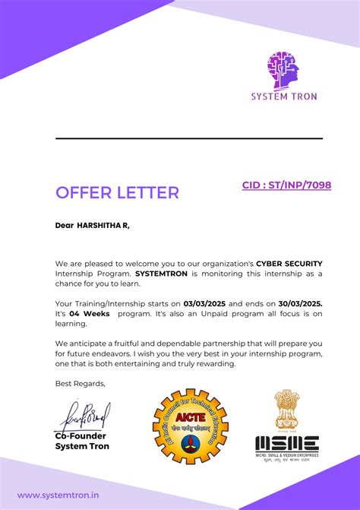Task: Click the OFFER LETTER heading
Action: point(117,192)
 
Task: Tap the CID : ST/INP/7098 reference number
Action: point(286,185)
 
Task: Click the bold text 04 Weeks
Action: point(85,312)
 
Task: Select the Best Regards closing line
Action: point(81,383)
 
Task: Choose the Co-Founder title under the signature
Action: point(81,436)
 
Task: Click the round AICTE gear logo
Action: point(190,426)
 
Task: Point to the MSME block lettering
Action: point(286,443)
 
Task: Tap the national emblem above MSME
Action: point(286,410)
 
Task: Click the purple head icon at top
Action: point(283,71)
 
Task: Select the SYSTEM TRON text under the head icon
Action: point(284,97)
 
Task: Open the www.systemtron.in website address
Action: point(58,496)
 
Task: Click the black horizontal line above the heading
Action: point(188,138)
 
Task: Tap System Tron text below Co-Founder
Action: point(82,446)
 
